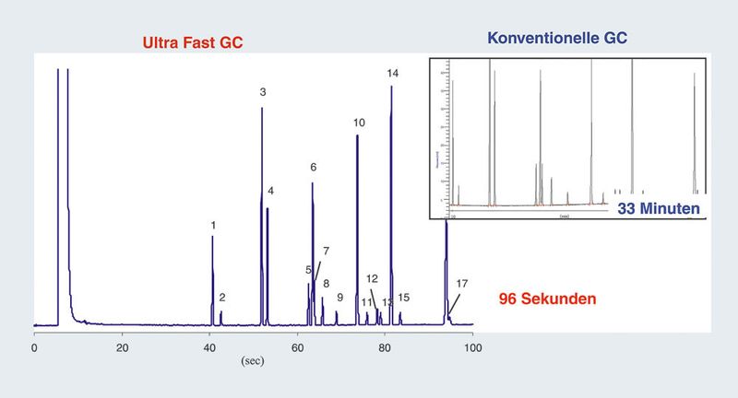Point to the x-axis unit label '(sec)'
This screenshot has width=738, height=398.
253,361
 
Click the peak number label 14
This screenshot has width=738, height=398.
393,73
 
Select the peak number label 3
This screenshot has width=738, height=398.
263,92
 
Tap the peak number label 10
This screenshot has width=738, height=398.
359,123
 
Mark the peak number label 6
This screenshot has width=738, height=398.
314,168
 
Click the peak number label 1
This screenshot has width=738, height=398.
213,225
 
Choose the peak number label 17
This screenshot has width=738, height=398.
461,283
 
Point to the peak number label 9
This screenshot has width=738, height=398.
339,298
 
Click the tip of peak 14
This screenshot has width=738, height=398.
392,87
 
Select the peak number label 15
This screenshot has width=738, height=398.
403,298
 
